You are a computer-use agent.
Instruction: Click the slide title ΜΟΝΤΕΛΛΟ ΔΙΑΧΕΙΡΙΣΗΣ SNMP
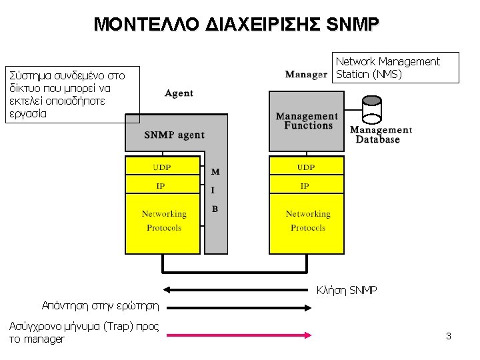pyautogui.click(x=237, y=25)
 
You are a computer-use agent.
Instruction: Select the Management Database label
pyautogui.click(x=381, y=135)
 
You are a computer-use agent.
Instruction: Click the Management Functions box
pyautogui.click(x=307, y=121)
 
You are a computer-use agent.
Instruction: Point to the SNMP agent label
pyautogui.click(x=174, y=135)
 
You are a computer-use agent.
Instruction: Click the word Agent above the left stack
pyautogui.click(x=179, y=93)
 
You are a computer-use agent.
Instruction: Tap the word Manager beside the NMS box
pyautogui.click(x=306, y=74)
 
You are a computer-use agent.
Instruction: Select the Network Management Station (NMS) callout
pyautogui.click(x=395, y=67)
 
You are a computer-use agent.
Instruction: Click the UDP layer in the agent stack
pyautogui.click(x=163, y=166)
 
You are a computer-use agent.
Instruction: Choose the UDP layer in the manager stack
pyautogui.click(x=306, y=166)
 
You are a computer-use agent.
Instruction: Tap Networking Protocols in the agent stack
pyautogui.click(x=163, y=221)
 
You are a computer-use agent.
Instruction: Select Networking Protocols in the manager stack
pyautogui.click(x=307, y=221)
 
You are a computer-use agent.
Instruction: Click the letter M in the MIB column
pyautogui.click(x=215, y=172)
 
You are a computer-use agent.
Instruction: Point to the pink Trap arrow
pyautogui.click(x=238, y=335)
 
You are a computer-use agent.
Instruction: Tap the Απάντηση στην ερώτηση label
pyautogui.click(x=100, y=306)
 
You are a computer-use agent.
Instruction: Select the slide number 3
pyautogui.click(x=449, y=336)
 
